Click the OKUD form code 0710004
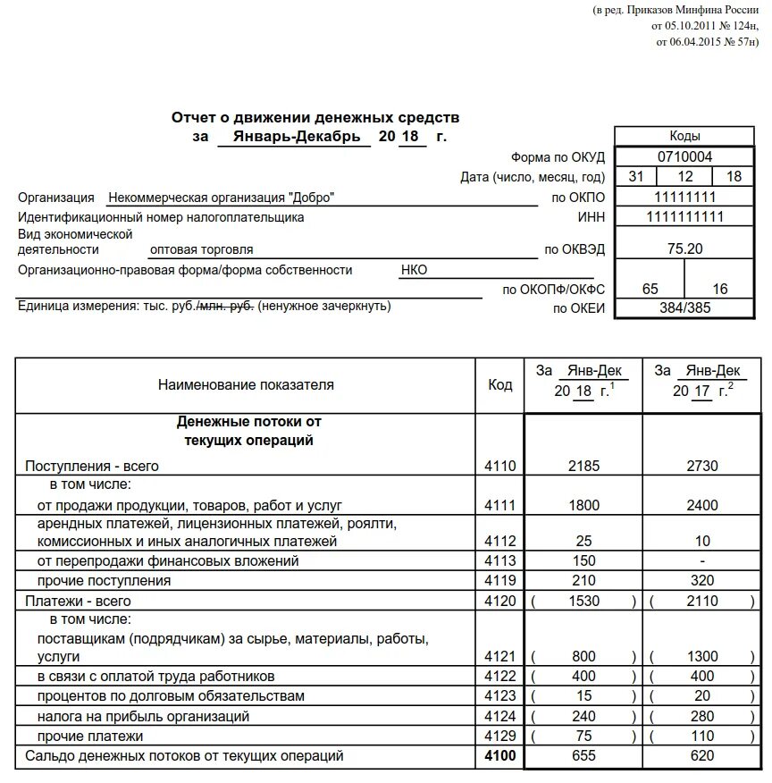click(685, 156)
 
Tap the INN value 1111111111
click(685, 217)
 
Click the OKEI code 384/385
click(685, 309)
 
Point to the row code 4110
click(500, 466)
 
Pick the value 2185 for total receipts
click(583, 466)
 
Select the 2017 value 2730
click(702, 466)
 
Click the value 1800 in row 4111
click(583, 505)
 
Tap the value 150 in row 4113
click(583, 560)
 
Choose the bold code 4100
click(500, 756)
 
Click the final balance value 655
click(583, 756)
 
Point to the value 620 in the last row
click(702, 756)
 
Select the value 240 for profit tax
click(583, 716)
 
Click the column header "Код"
click(500, 384)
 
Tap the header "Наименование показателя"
click(246, 384)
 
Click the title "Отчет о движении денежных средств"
click(315, 118)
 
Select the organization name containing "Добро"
click(222, 198)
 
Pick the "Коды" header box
click(685, 136)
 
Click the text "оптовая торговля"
click(202, 249)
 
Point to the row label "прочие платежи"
click(90, 736)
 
